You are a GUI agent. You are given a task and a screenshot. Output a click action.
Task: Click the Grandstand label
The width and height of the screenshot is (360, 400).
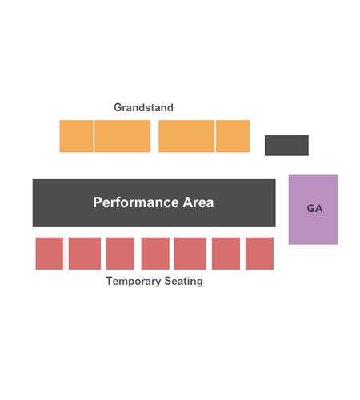[143, 107]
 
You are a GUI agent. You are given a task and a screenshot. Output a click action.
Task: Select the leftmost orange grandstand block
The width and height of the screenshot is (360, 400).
[76, 136]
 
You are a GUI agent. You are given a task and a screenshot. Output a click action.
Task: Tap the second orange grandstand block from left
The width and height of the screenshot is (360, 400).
[122, 136]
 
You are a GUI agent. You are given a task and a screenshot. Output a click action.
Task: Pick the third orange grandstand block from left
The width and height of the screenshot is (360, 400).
[186, 136]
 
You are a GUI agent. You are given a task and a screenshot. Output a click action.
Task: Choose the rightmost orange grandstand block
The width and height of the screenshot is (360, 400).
[233, 136]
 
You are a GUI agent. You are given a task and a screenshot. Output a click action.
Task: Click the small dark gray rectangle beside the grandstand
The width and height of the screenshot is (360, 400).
[286, 146]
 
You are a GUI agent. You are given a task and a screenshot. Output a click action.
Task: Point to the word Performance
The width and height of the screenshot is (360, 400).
[136, 202]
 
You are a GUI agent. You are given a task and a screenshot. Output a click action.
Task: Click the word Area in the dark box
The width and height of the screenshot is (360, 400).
[198, 202]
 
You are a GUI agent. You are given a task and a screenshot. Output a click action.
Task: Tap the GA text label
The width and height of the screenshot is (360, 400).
[314, 209]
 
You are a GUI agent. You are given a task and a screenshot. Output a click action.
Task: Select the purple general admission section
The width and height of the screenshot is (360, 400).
[313, 210]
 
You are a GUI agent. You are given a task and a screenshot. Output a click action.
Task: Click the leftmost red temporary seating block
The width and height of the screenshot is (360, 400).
[50, 254]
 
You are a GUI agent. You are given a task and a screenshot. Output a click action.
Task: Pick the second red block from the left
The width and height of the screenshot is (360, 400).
[85, 254]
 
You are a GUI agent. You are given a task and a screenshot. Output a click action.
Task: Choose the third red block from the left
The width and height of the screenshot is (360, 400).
[120, 254]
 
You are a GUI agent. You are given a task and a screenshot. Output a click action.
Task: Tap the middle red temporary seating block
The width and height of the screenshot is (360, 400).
[155, 254]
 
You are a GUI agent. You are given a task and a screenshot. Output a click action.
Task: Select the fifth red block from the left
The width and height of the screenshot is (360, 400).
[190, 254]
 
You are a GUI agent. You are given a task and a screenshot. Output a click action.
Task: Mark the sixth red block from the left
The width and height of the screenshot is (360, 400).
[226, 254]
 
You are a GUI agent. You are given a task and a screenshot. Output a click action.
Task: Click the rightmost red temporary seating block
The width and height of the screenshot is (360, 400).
[259, 254]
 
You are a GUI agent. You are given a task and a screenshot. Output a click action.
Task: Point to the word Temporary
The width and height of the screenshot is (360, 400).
[134, 282]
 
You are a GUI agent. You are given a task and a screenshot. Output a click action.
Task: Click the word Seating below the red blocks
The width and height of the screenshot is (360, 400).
[183, 282]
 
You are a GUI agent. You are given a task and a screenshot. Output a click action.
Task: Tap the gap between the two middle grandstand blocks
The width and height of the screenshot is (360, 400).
[154, 136]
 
